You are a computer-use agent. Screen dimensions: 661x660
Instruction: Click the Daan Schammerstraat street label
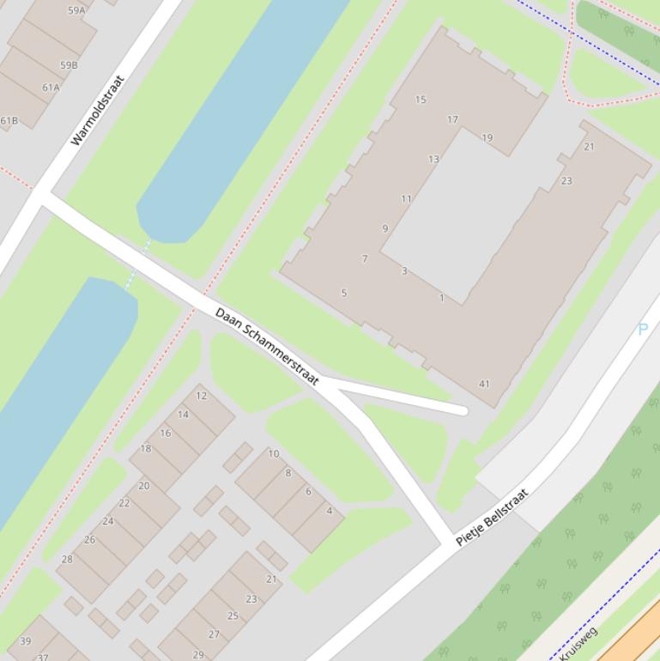pos(267,346)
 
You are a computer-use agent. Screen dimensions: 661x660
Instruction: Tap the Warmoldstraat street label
pos(97,111)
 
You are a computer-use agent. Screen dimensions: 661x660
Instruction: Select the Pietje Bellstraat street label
pos(492,518)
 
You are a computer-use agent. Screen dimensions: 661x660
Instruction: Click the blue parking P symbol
pos(642,329)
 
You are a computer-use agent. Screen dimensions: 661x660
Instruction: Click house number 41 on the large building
pos(484,384)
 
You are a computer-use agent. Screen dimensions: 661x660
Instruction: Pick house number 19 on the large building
pos(487,137)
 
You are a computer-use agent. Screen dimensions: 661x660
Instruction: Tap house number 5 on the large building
pos(344,293)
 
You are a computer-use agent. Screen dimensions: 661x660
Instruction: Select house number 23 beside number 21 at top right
pos(566,181)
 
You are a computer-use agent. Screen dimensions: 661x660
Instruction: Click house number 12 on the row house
pos(202,396)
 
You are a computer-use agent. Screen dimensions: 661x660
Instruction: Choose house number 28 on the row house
pos(67,559)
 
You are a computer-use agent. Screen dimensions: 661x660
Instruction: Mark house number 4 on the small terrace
pos(329,511)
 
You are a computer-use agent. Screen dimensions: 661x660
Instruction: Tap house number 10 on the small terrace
pos(274,453)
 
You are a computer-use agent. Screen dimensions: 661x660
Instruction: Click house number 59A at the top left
pos(76,11)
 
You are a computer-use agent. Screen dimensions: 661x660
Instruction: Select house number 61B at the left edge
pos(9,120)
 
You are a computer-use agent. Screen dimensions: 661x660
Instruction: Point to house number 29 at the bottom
pos(198,654)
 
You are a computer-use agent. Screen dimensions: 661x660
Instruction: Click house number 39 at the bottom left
pos(26,640)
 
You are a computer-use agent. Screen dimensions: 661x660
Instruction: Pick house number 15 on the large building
pos(421,100)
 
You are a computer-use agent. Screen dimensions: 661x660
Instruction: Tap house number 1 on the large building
pos(442,298)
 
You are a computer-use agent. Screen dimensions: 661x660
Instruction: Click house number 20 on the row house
pos(143,486)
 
